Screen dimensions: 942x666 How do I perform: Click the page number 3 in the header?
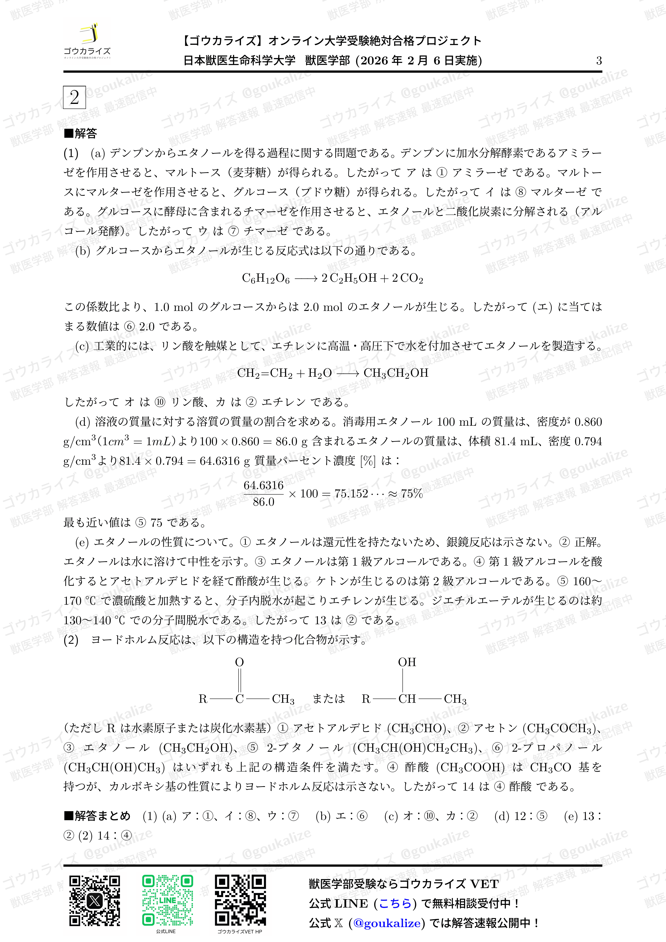pyautogui.click(x=599, y=61)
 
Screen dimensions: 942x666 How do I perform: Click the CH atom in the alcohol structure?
pyautogui.click(x=407, y=699)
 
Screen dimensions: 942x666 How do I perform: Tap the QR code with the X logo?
pyautogui.click(x=95, y=901)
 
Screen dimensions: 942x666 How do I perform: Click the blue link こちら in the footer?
pyautogui.click(x=395, y=903)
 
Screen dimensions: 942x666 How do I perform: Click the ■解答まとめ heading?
pyautogui.click(x=97, y=816)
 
